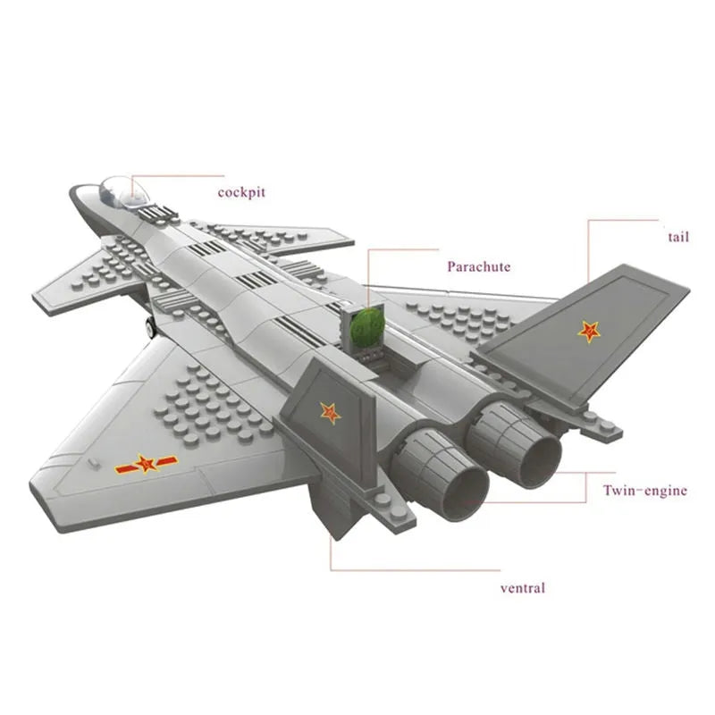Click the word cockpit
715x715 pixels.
(x=241, y=191)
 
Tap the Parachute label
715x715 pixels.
(x=479, y=266)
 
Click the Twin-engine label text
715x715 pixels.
(x=644, y=490)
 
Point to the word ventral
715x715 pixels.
(x=522, y=587)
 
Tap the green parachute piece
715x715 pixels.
(x=366, y=327)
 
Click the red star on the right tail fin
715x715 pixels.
(x=589, y=332)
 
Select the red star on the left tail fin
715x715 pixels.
(x=331, y=412)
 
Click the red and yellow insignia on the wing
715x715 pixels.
(x=146, y=464)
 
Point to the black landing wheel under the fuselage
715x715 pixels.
(x=149, y=327)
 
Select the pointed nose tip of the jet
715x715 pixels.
(x=76, y=191)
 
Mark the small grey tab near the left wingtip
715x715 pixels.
(x=93, y=462)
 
